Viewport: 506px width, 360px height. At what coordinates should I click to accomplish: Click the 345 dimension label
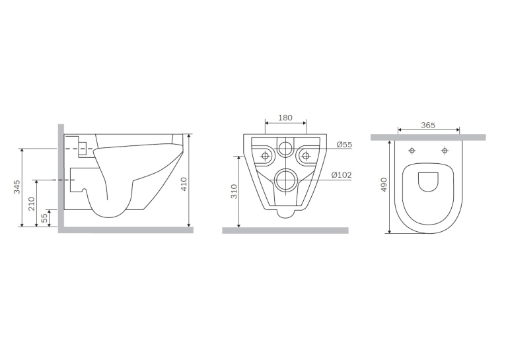click(x=17, y=187)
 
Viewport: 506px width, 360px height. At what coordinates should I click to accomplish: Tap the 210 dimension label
click(x=31, y=204)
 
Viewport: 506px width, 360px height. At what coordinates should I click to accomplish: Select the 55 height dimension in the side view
click(x=45, y=219)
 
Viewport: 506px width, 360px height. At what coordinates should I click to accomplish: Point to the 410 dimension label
click(x=184, y=184)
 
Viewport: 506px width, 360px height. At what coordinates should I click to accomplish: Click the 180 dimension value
click(x=285, y=118)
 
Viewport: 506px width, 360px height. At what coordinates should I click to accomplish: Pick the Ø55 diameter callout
click(x=344, y=145)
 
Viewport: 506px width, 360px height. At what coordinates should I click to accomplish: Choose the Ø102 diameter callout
click(x=342, y=175)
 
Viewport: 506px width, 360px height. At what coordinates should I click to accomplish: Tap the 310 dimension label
click(x=235, y=192)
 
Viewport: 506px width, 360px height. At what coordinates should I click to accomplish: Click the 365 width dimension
click(x=428, y=125)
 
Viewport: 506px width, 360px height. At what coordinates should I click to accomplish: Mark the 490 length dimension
click(x=384, y=184)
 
